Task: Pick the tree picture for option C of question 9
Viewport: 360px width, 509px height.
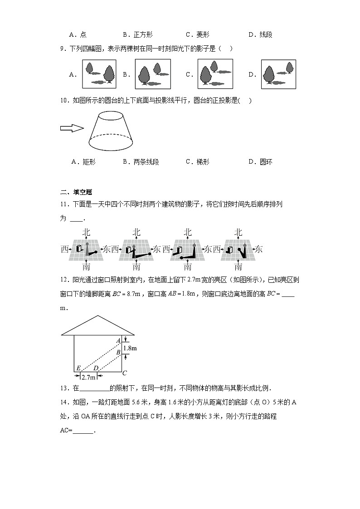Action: (x=214, y=74)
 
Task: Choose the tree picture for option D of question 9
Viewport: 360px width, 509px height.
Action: (x=278, y=74)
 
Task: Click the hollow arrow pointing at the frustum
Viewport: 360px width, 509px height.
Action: (x=72, y=128)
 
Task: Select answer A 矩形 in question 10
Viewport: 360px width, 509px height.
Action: (x=83, y=162)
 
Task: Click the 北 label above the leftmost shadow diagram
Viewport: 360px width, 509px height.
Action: (x=86, y=233)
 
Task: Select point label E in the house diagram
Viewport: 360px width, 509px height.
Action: (x=78, y=368)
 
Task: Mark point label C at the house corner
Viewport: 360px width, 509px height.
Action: (x=125, y=373)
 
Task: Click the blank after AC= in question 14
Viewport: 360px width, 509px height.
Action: (x=83, y=431)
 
